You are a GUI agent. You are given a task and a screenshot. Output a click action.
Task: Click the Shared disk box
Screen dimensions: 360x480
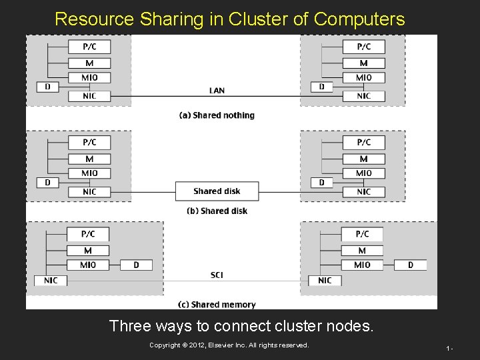point(217,191)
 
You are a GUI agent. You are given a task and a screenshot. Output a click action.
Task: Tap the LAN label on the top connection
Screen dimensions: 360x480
point(217,91)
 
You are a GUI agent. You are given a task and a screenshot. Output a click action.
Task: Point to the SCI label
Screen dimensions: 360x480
point(217,275)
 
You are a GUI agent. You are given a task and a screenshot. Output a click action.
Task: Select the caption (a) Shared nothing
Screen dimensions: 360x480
point(217,115)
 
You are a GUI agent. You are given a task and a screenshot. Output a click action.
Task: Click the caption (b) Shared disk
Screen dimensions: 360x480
point(217,211)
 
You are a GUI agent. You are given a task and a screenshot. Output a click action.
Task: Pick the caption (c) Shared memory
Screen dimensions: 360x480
point(217,305)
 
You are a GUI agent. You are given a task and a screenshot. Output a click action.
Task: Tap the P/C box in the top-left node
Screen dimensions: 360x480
point(89,47)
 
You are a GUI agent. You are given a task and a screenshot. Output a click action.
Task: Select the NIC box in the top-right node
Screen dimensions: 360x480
point(363,96)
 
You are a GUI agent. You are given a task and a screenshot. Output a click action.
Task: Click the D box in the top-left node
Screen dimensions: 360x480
point(47,87)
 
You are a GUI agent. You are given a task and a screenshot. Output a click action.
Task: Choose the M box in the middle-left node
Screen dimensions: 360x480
point(89,159)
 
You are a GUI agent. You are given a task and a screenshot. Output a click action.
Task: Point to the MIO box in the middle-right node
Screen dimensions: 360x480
point(363,173)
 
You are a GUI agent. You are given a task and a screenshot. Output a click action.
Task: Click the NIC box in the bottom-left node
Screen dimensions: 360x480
point(51,281)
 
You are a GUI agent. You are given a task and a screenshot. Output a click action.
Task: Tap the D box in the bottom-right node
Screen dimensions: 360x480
point(410,265)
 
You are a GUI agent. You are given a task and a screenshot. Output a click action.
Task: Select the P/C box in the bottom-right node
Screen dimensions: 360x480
point(362,234)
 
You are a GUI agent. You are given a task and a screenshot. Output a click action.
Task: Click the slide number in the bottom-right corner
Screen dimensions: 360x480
point(450,348)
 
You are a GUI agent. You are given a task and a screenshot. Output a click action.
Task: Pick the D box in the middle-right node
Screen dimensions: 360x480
point(321,183)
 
